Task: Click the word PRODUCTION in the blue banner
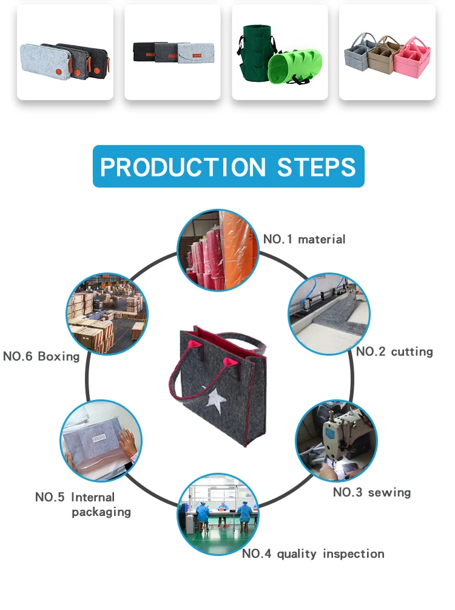[183, 166]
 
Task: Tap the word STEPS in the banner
[316, 166]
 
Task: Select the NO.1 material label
[304, 239]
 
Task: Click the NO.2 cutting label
[394, 351]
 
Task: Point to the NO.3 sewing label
[371, 492]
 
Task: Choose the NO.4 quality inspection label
[313, 554]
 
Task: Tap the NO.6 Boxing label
[41, 356]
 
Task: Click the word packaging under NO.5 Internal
[101, 512]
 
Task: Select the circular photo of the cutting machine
[329, 314]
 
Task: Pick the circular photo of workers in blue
[218, 513]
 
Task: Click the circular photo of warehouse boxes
[107, 314]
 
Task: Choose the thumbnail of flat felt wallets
[172, 52]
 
